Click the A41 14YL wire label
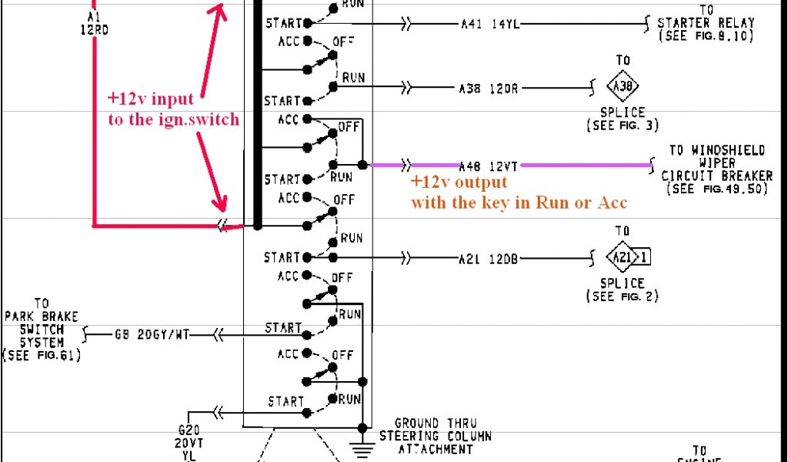pos(491,25)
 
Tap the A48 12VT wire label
pos(490,166)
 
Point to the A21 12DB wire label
pos(490,258)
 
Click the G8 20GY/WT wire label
pos(152,335)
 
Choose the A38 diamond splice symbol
pos(623,87)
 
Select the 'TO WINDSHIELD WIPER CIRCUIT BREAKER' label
pos(715,163)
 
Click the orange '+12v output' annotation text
pos(459,182)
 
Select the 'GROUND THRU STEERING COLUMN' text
pos(436,436)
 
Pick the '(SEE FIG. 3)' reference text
pos(622,125)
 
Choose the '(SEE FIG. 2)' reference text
pos(623,296)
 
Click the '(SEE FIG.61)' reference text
pos(42,355)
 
